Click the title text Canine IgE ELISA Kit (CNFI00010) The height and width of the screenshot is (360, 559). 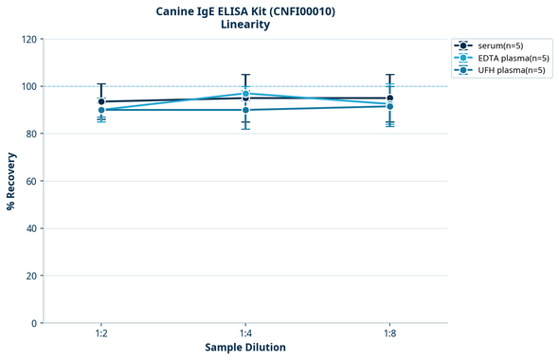point(245,11)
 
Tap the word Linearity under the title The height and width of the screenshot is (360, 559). point(245,25)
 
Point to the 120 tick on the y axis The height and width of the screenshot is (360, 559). point(29,40)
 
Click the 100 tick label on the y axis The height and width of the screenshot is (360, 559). point(29,86)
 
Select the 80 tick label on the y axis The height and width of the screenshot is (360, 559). point(31,134)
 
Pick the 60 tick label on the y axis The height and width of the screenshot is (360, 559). point(31,181)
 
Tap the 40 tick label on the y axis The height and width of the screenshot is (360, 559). point(31,228)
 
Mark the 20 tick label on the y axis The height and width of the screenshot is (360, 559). point(31,276)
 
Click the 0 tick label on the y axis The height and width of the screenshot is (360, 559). point(34,323)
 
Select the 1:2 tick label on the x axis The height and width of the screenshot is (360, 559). point(101,333)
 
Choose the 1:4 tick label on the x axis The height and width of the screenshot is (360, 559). point(245,333)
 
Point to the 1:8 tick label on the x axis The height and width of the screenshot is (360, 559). point(390,333)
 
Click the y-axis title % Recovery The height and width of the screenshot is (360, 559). point(11,181)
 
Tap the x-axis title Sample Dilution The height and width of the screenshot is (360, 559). point(245,348)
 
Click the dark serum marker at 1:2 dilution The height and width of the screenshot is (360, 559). point(101,101)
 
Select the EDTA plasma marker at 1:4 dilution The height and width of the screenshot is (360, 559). point(245,94)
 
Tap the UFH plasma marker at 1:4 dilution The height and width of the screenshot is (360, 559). point(245,110)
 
